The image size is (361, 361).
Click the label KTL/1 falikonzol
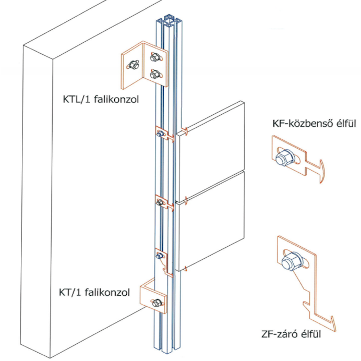101,100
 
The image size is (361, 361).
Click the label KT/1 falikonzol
94,292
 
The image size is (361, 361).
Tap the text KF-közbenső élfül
314,124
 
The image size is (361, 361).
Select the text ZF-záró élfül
291,334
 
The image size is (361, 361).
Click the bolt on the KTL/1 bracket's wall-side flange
134,65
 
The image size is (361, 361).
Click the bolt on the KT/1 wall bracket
157,303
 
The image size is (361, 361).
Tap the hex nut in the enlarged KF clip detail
285,158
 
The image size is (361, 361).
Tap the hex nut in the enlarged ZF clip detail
292,261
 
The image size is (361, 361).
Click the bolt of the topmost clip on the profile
160,134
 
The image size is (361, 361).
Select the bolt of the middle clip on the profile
160,202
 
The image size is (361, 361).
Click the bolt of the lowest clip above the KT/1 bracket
159,255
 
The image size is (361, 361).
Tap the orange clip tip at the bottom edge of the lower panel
186,269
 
